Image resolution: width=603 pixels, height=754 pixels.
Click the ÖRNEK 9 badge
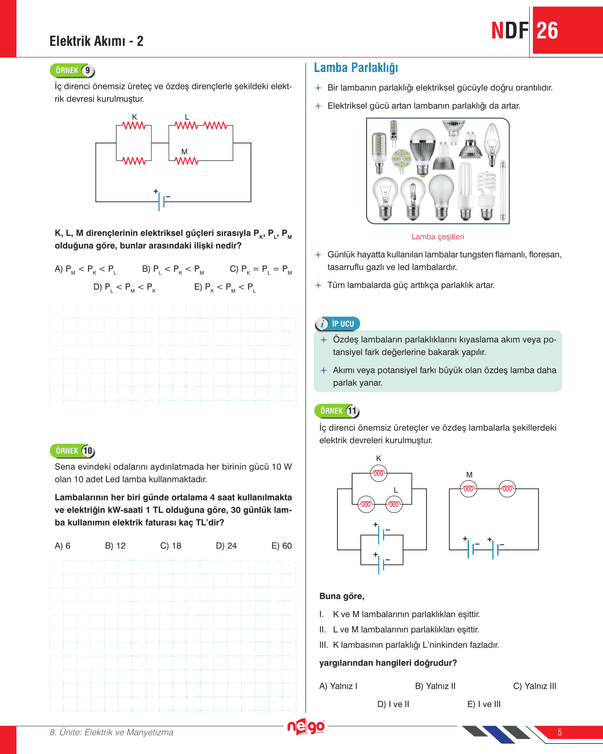click(72, 71)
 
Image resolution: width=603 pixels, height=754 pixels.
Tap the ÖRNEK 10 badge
click(72, 451)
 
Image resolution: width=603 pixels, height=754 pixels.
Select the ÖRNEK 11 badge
click(337, 411)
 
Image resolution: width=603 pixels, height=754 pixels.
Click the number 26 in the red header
click(547, 31)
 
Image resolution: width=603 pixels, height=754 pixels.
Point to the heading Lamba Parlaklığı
click(356, 68)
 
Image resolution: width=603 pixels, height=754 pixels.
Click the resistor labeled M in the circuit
click(187, 161)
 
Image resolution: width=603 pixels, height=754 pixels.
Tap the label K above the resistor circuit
click(134, 117)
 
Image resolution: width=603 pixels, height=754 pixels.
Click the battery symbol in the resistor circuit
click(162, 201)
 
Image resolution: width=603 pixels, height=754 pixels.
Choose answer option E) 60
click(281, 546)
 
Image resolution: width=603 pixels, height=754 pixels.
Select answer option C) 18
click(171, 546)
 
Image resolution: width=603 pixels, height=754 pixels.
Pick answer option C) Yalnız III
click(534, 686)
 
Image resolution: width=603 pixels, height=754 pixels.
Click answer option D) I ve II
click(393, 704)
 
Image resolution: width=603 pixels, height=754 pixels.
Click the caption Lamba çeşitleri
click(438, 237)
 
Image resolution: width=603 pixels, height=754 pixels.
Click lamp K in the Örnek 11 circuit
click(379, 473)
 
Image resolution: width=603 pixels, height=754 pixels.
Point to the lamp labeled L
click(394, 504)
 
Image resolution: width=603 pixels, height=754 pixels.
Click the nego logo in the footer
click(306, 726)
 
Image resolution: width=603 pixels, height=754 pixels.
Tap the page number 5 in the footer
click(560, 732)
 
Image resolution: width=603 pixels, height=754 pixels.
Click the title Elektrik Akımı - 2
click(96, 41)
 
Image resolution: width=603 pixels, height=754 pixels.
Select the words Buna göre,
click(342, 596)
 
